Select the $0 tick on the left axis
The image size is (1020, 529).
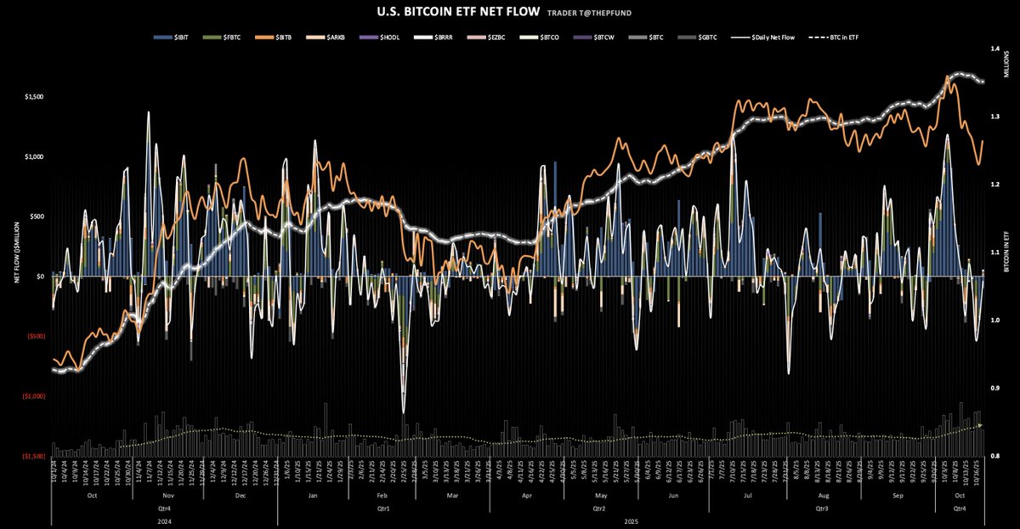click(40, 276)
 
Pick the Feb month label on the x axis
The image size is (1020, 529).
click(382, 494)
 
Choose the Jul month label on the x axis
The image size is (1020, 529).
click(748, 494)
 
